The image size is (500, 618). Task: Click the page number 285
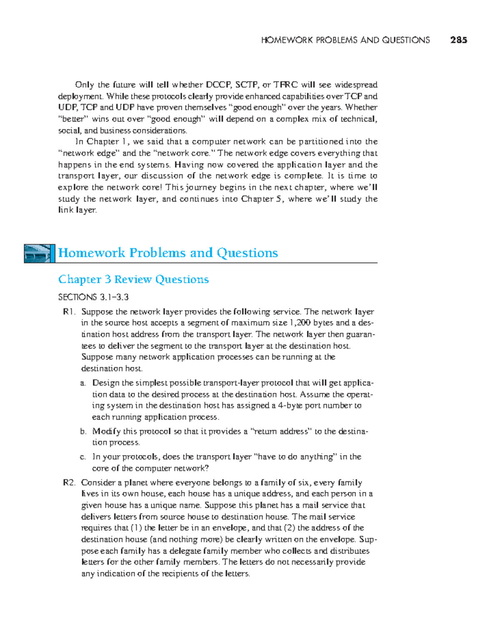(x=458, y=40)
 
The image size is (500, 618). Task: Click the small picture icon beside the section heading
(x=39, y=253)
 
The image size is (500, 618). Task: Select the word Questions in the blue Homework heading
(x=247, y=253)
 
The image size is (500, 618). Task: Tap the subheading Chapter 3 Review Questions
(x=133, y=279)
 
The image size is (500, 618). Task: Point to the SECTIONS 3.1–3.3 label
(x=93, y=297)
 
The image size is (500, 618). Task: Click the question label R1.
(x=69, y=311)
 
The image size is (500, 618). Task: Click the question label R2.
(x=69, y=482)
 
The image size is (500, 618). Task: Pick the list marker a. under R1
(x=83, y=383)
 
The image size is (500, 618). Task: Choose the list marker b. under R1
(x=83, y=431)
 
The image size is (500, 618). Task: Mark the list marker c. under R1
(x=83, y=457)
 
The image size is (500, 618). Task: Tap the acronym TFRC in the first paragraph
(x=285, y=85)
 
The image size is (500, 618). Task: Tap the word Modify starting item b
(x=107, y=431)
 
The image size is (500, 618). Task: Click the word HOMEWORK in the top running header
(x=287, y=40)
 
